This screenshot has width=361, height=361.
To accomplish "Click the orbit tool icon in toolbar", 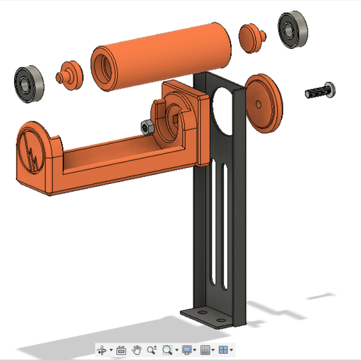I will point(101,349).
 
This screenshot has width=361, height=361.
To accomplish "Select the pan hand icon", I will point(137,349).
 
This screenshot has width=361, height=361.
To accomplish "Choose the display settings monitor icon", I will point(186,349).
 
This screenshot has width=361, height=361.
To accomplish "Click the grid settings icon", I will point(205,349).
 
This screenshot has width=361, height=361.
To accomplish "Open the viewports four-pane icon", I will point(223,349).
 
